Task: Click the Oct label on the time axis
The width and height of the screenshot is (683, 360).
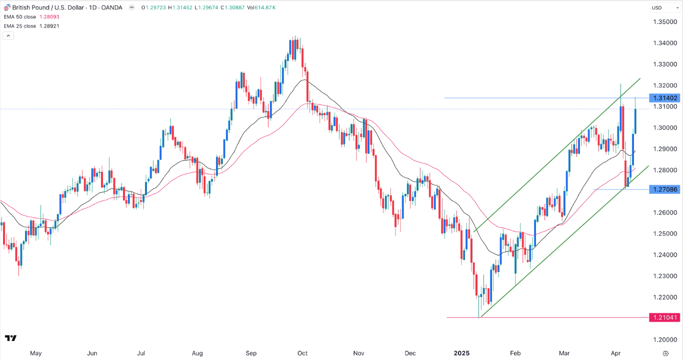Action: pos(302,353)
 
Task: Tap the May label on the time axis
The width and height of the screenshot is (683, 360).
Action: pos(35,353)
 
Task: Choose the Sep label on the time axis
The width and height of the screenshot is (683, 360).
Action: pos(251,353)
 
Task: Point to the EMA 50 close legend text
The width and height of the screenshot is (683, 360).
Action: pos(20,17)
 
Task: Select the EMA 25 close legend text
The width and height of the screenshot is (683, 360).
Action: pos(20,26)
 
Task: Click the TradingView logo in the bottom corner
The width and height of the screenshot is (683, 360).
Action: pos(10,338)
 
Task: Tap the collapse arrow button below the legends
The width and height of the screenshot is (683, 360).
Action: pos(7,36)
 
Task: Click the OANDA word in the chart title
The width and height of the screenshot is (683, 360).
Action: pos(112,7)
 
